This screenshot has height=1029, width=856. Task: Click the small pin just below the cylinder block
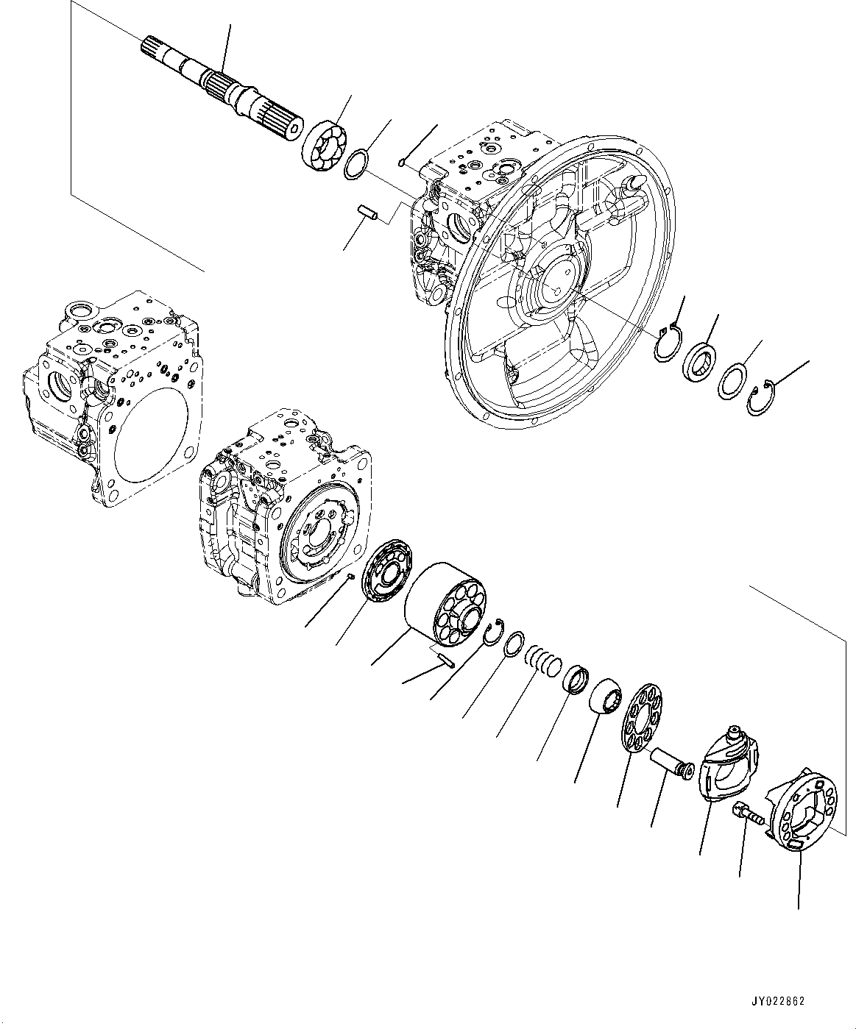445,658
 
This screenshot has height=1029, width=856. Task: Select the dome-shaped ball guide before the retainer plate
606,696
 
